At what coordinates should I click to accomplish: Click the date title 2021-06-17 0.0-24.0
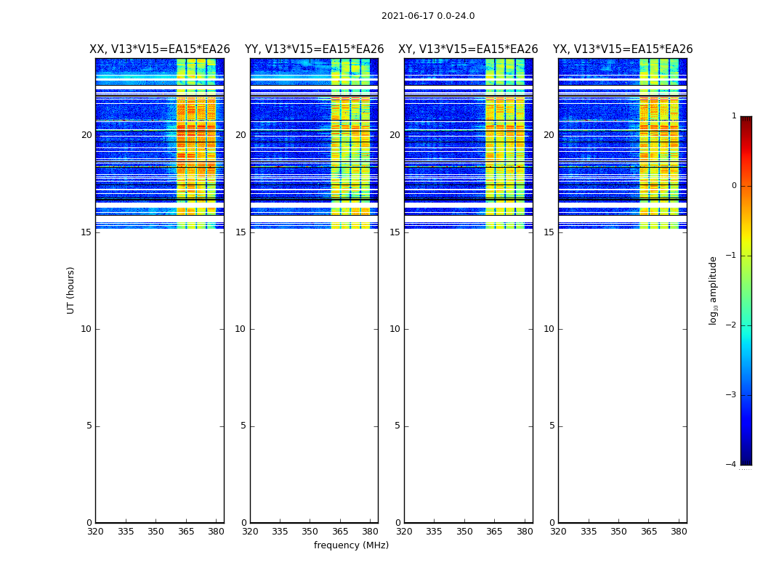click(428, 16)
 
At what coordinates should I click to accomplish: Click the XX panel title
click(160, 49)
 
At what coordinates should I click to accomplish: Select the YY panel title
click(314, 49)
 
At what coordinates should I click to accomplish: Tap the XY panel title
click(468, 49)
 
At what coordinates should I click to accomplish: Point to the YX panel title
click(623, 49)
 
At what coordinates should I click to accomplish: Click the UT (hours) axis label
click(70, 290)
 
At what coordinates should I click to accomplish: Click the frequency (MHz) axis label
click(351, 545)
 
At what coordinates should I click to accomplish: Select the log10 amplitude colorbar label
click(714, 290)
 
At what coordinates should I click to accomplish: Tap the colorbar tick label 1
click(734, 116)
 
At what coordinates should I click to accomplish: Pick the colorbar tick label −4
click(732, 465)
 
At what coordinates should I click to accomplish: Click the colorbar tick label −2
click(732, 325)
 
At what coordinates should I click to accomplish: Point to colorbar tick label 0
click(734, 186)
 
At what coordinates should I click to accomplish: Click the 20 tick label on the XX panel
click(86, 135)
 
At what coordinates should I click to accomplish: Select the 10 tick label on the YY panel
click(240, 329)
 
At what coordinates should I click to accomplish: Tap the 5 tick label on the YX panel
click(552, 426)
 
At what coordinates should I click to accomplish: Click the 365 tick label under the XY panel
click(494, 532)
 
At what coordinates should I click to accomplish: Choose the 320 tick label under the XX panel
click(95, 532)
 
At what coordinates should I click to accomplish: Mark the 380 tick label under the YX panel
click(679, 532)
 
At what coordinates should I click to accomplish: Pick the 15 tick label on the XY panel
click(395, 232)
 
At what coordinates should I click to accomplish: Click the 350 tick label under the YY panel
click(310, 532)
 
